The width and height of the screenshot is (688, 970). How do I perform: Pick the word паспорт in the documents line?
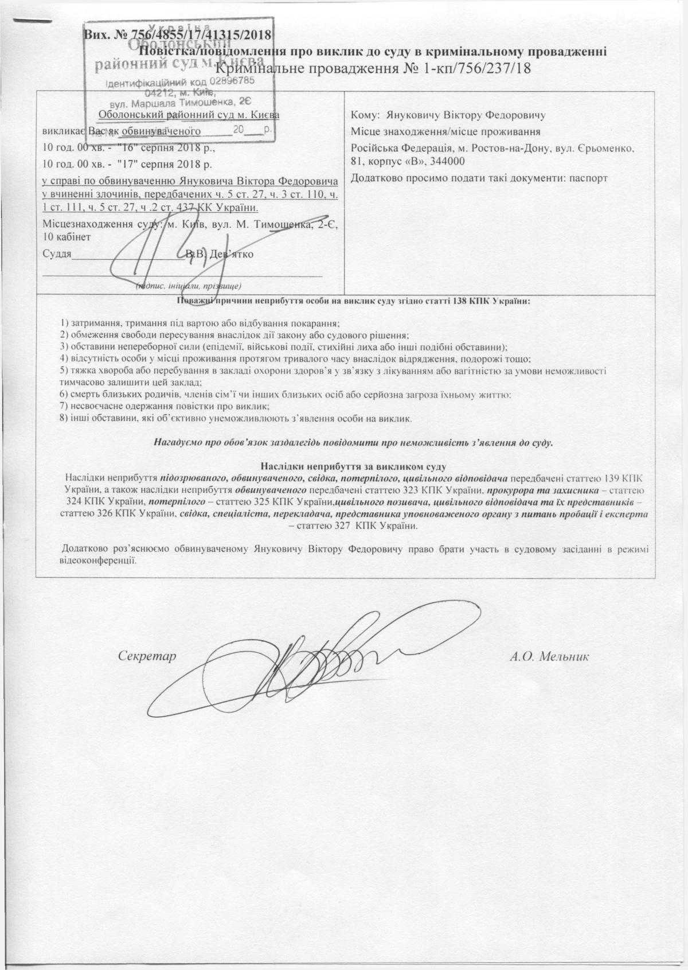coord(587,178)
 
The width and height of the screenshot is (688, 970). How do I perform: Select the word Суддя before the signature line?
coord(57,254)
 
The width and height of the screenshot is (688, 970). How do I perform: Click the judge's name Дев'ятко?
coord(231,254)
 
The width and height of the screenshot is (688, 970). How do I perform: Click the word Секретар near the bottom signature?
coord(146,656)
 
